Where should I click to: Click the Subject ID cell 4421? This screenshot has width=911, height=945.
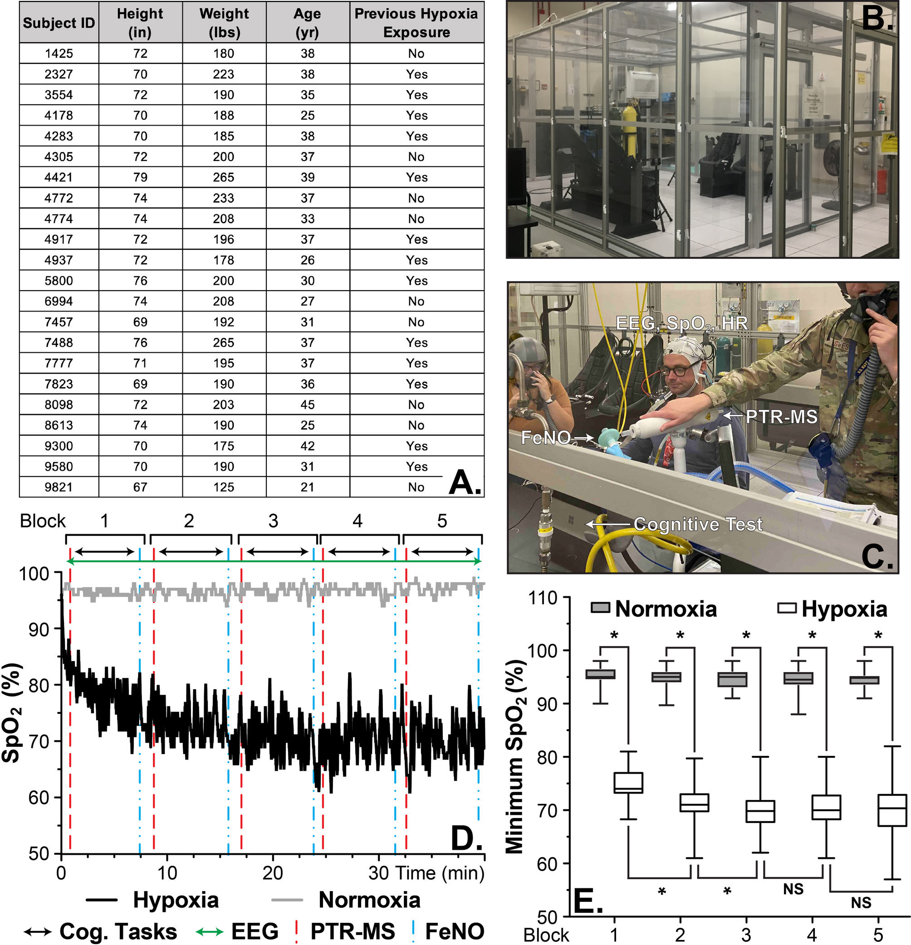pos(59,177)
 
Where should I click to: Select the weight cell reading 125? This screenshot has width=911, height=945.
pos(224,487)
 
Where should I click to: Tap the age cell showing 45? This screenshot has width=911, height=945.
pos(307,404)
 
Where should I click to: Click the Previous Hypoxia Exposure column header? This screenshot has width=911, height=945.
pos(416,23)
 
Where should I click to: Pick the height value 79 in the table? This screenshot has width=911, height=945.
pos(140,177)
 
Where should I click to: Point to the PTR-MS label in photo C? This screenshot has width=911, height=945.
pos(781,417)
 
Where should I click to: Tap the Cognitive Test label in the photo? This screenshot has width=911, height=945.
pos(698,524)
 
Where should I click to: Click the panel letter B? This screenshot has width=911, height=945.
pos(877,19)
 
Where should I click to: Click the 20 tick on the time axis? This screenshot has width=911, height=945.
pos(273,873)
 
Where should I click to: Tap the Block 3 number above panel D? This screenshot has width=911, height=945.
pos(273,521)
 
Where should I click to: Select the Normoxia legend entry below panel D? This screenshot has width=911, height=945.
pos(369,900)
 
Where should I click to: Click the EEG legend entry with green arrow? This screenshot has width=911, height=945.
pos(254,931)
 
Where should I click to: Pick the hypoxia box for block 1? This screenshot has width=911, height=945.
pos(628,783)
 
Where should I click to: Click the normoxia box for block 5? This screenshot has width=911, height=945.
pos(864,680)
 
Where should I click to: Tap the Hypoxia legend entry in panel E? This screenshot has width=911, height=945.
pos(844,609)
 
